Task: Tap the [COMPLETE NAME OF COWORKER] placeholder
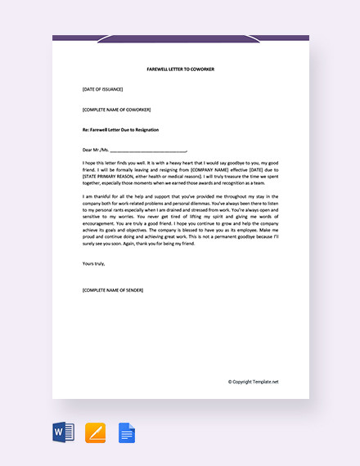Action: point(116,109)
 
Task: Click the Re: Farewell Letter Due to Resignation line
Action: point(120,130)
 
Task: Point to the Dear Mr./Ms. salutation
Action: point(95,150)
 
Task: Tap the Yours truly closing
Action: point(94,264)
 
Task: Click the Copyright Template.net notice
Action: point(253,381)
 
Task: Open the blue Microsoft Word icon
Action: point(63,432)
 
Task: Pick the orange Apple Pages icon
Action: point(96,432)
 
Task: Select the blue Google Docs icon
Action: point(126,432)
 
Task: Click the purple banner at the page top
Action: point(180,38)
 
